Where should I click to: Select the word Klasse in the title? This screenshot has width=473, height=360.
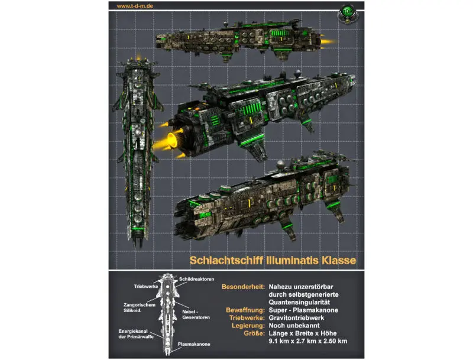pos(336,260)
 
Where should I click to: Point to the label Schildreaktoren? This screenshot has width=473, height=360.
pos(195,278)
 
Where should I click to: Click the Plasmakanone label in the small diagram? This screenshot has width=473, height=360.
pos(193,343)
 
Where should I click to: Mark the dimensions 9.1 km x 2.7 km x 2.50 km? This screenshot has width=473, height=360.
pos(307,341)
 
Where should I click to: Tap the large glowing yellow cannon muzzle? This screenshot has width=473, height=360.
pos(173,141)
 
